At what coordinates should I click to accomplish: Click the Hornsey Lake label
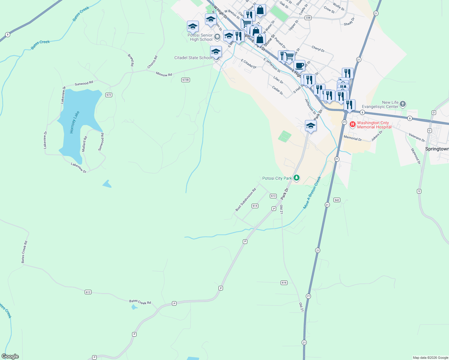(75, 122)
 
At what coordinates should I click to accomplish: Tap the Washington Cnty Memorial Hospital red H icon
(352, 124)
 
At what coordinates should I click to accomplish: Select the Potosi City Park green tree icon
(297, 178)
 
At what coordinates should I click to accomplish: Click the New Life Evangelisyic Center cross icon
(403, 104)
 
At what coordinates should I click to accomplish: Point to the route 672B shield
(185, 80)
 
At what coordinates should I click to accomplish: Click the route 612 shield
(88, 292)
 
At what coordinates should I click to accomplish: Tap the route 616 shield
(284, 283)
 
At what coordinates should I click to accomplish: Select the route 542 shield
(337, 200)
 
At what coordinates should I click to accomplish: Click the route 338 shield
(308, 18)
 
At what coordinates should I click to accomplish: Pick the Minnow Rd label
(164, 74)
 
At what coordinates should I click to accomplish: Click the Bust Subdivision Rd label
(246, 199)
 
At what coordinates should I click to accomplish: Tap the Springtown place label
(437, 149)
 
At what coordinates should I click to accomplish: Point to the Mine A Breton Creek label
(312, 193)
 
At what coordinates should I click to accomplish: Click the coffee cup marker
(299, 65)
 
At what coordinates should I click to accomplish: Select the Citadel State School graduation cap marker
(216, 52)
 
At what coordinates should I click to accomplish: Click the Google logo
(10, 356)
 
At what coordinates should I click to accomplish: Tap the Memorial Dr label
(353, 138)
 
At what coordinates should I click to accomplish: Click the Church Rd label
(152, 62)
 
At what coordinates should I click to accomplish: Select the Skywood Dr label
(416, 156)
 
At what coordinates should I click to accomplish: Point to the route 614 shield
(255, 206)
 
